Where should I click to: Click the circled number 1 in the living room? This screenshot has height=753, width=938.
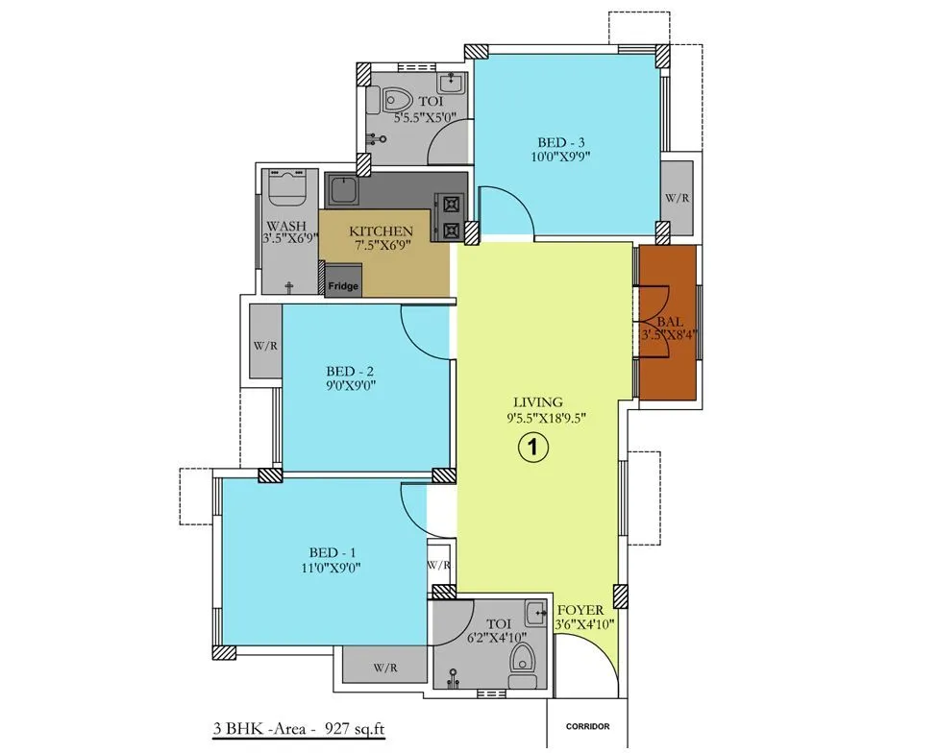click(533, 446)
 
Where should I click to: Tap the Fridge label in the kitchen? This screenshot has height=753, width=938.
click(343, 286)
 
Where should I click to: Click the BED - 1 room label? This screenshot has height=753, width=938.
click(333, 553)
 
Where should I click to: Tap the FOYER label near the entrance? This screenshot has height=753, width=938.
click(580, 610)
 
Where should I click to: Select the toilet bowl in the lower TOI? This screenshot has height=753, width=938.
click(523, 660)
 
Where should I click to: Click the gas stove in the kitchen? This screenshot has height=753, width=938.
click(450, 216)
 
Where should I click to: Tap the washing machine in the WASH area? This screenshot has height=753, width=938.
click(289, 188)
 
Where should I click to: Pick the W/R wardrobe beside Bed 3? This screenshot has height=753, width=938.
click(677, 199)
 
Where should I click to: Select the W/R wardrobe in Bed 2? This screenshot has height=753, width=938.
click(264, 342)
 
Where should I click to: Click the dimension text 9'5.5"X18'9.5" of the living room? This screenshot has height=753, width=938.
click(537, 417)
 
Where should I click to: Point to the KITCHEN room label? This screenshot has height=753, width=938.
click(381, 231)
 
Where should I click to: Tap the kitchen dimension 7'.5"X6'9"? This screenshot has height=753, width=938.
click(382, 246)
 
